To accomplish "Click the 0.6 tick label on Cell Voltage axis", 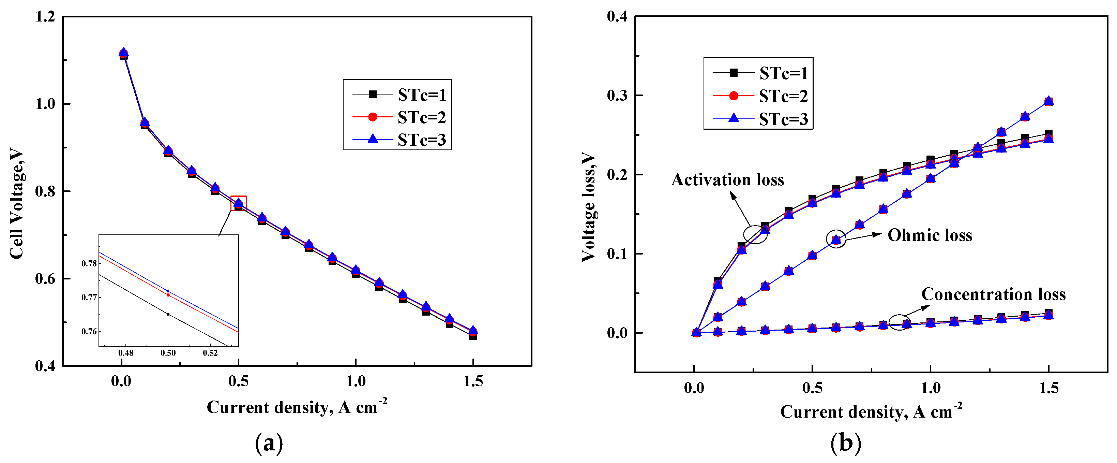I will pyautogui.click(x=46, y=278).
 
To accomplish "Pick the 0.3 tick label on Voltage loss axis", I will pyautogui.click(x=617, y=96).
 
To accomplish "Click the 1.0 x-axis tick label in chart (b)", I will pyautogui.click(x=931, y=388).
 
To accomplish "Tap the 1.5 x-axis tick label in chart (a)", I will pyautogui.click(x=473, y=381).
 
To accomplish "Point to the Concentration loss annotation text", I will pyautogui.click(x=993, y=294).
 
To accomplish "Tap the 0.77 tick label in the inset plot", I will pyautogui.click(x=89, y=298).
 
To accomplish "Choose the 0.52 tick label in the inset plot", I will pyautogui.click(x=210, y=353).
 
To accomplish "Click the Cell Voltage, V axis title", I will pyautogui.click(x=16, y=204).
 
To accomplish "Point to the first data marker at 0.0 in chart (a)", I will pyautogui.click(x=124, y=54).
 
